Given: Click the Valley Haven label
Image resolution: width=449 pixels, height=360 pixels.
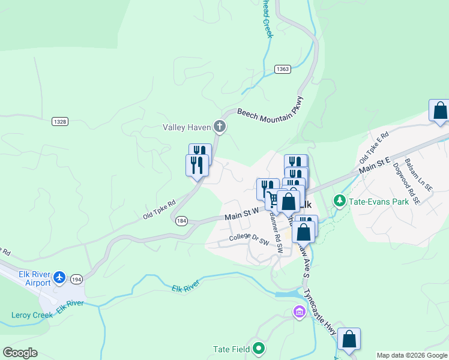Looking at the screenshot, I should tap(187, 127).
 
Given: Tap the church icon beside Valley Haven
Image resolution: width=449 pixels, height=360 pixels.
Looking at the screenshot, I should tap(220, 126).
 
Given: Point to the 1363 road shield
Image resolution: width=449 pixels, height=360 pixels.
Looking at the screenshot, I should tap(283, 70).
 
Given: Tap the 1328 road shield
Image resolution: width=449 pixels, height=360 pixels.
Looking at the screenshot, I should tap(59, 121).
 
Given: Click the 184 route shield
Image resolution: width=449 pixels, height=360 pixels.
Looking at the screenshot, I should tap(181, 221).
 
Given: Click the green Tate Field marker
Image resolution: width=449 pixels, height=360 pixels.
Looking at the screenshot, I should tap(259, 347).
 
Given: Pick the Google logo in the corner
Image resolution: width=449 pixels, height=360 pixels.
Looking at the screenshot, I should tap(20, 353).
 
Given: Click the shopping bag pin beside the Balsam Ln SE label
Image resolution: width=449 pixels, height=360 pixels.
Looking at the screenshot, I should tap(439, 111).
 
